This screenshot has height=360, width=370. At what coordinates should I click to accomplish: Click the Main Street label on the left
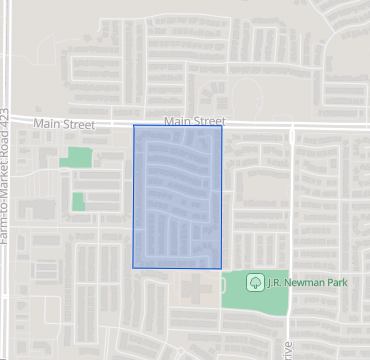(x=62, y=125)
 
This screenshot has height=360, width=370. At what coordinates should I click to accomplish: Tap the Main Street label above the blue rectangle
(x=194, y=121)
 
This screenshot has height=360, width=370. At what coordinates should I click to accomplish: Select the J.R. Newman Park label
(x=305, y=282)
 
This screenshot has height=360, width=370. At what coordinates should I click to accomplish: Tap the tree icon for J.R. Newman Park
(x=254, y=282)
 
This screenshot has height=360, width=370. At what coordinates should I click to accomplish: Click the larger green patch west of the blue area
(x=75, y=157)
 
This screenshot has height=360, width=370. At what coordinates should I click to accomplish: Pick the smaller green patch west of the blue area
(x=78, y=201)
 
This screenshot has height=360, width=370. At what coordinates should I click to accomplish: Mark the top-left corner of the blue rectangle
(x=134, y=126)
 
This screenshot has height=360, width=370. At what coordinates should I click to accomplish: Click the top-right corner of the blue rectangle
(x=221, y=126)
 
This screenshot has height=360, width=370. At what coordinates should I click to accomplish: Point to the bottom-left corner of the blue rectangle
(x=134, y=267)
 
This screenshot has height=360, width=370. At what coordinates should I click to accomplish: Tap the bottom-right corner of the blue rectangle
(x=221, y=267)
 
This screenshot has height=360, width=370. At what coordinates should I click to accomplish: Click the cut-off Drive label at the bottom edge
(x=288, y=351)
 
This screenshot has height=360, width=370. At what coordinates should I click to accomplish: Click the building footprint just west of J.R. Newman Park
(x=197, y=289)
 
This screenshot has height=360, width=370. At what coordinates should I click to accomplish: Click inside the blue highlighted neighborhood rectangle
(x=177, y=196)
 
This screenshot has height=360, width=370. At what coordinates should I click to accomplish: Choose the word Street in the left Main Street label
(x=77, y=125)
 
